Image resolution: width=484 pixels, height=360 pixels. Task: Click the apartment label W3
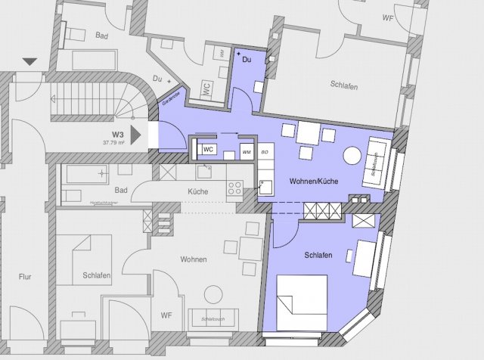118,132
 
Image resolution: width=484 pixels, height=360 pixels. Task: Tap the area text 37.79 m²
116,141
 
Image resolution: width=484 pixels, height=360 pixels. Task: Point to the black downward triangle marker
29,62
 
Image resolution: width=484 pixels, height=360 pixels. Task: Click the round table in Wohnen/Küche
352,156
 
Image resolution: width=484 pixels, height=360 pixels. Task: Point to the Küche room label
198,192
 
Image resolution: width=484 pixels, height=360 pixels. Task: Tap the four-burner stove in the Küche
234,186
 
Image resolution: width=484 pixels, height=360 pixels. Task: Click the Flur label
25,277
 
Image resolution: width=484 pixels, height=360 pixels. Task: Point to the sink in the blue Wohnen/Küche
265,187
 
